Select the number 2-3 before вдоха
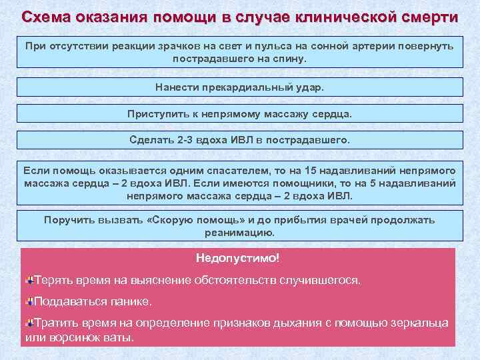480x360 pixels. click(x=187, y=140)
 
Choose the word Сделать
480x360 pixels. click(x=153, y=140)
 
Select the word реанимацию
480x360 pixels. click(x=239, y=233)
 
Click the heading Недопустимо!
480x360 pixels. click(x=238, y=257)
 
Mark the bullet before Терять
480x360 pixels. click(x=29, y=278)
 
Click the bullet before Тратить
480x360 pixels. click(x=29, y=323)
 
